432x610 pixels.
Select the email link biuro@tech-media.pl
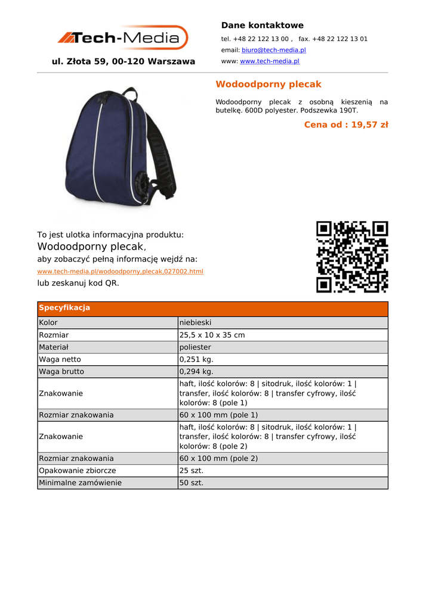[x=273, y=50]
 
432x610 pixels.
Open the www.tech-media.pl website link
[x=269, y=61]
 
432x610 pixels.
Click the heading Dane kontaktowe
[x=262, y=25]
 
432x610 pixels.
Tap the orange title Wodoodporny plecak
[x=268, y=84]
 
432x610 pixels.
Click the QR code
[x=352, y=257]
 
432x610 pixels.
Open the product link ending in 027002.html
[x=120, y=272]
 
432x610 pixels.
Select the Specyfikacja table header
[x=64, y=308]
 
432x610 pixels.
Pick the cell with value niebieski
[x=195, y=322]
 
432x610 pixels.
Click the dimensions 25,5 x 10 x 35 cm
[x=212, y=335]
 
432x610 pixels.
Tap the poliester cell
[x=195, y=347]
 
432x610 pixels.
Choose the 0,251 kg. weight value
[x=196, y=359]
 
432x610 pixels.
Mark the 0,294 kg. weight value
[x=196, y=372]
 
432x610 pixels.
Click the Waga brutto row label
[x=61, y=372]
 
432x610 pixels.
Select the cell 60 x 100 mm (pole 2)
[x=218, y=458]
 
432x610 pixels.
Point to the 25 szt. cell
[x=192, y=471]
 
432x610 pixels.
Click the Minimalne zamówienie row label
[x=80, y=483]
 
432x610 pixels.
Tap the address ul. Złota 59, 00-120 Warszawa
[x=124, y=61]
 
